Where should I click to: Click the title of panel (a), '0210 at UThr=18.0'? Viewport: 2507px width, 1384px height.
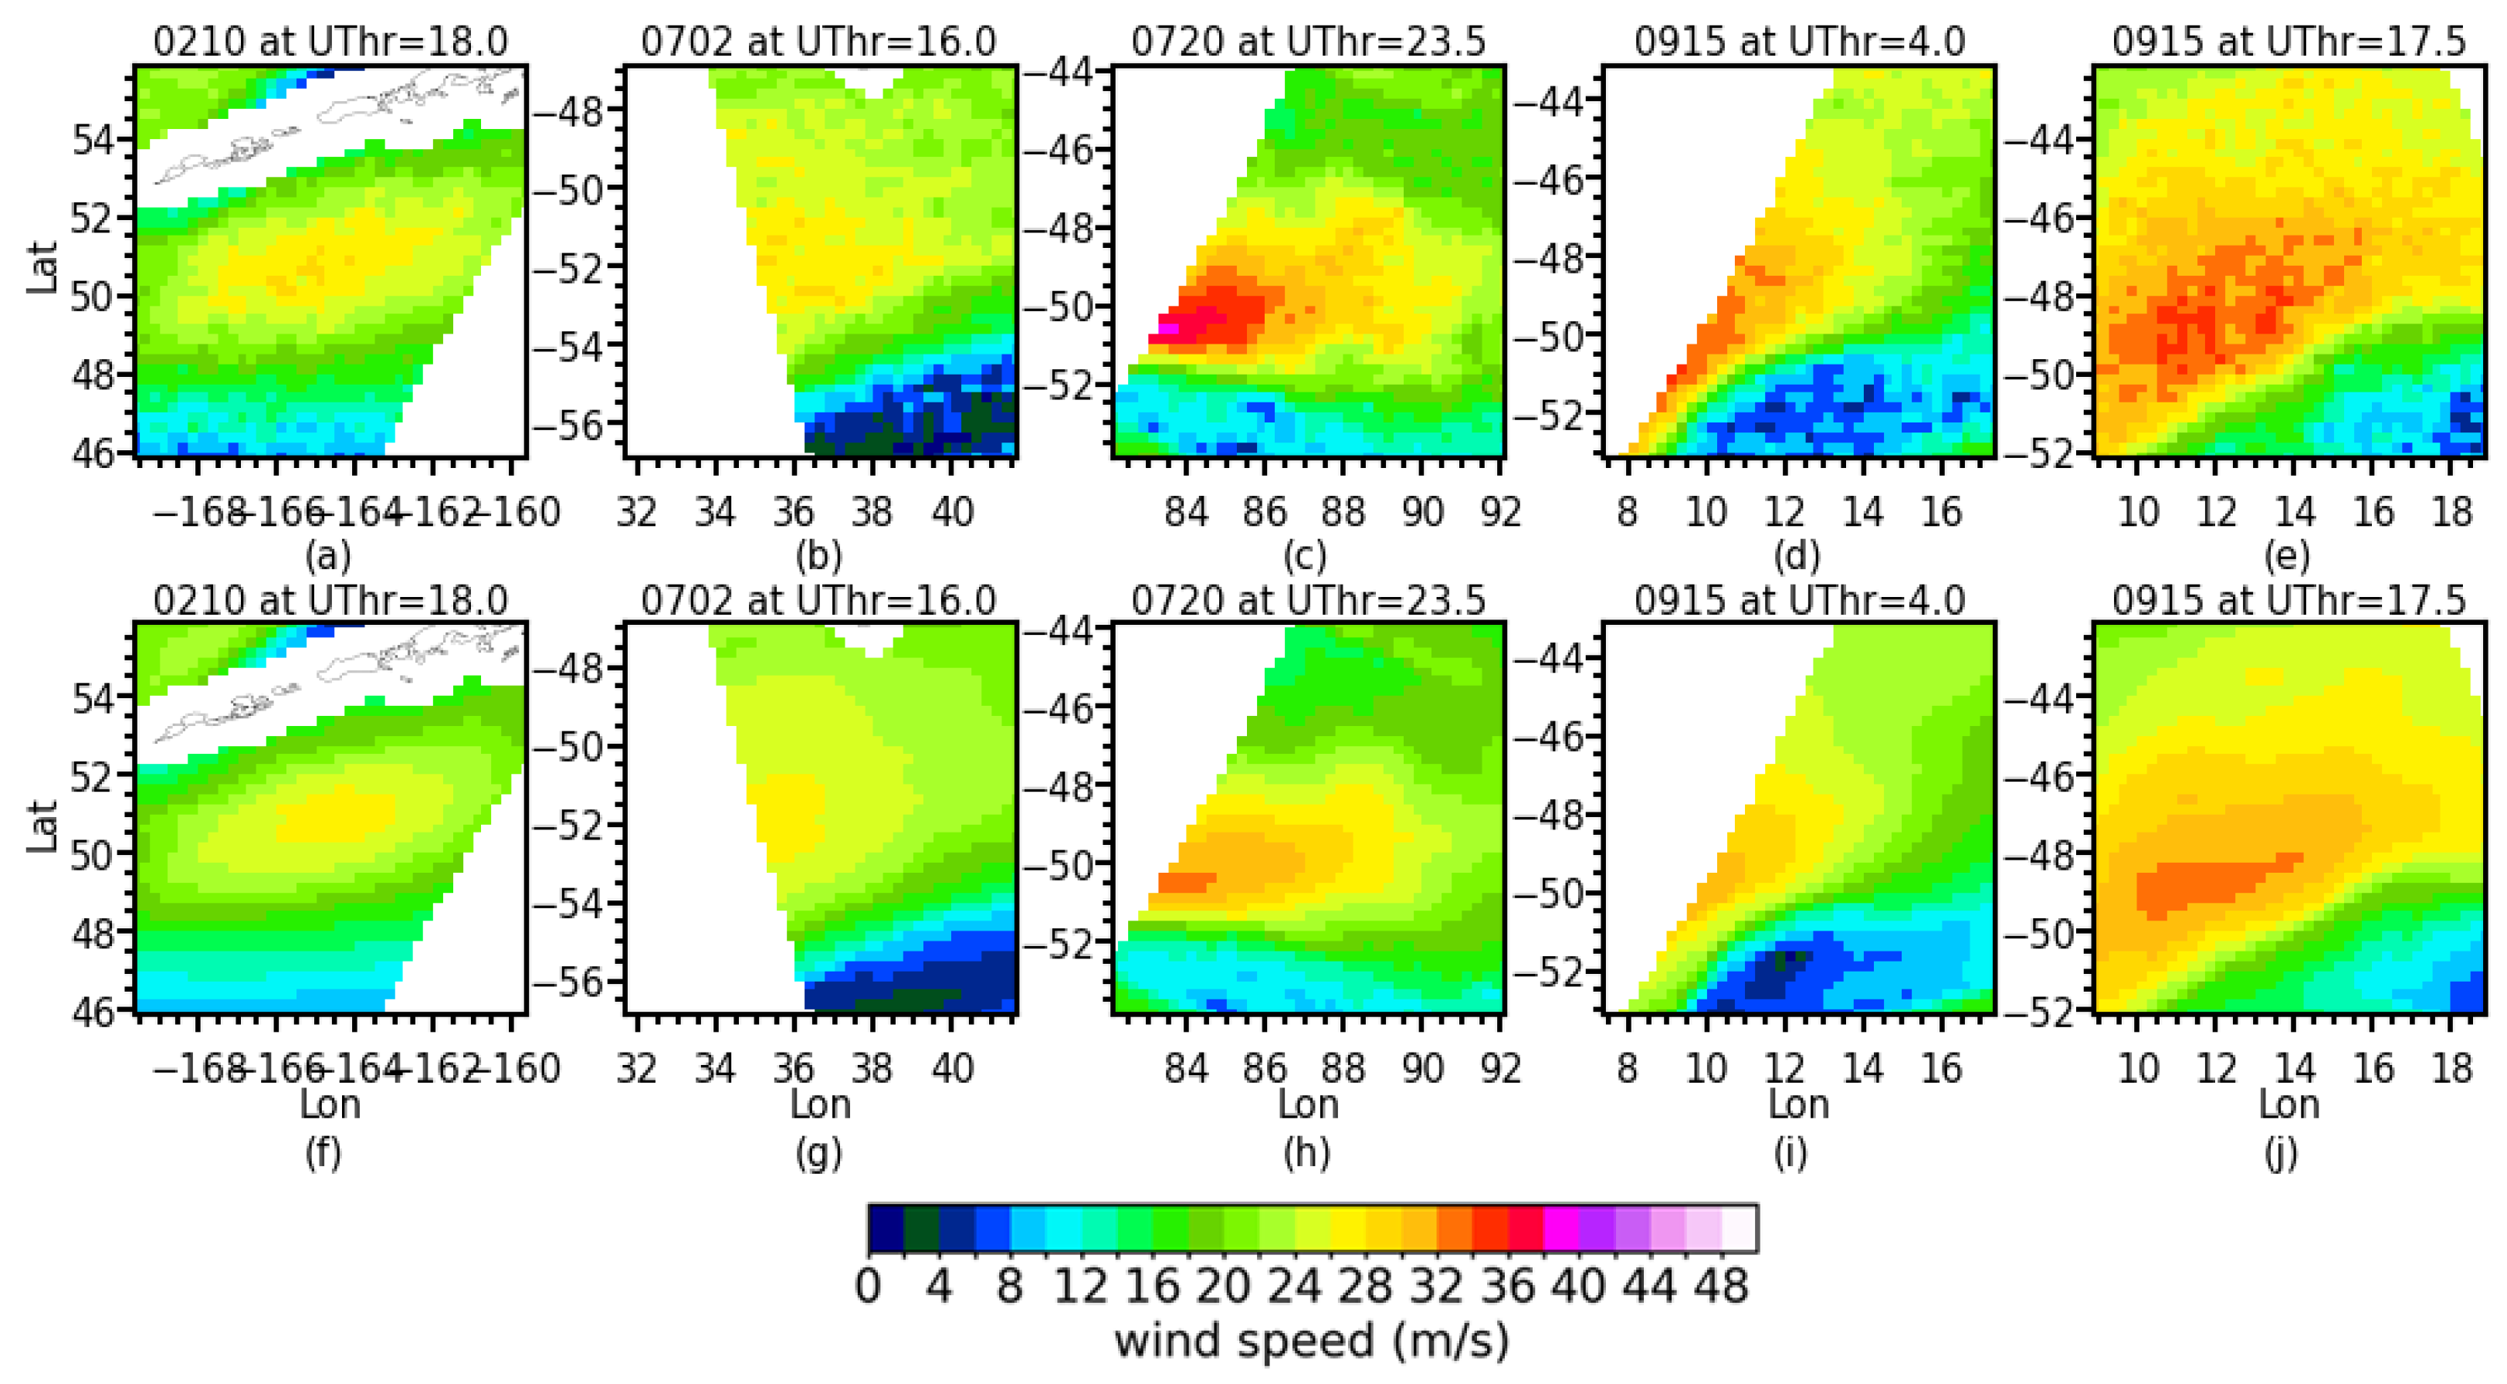coord(330,41)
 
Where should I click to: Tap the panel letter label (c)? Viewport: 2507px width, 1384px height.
coord(1304,556)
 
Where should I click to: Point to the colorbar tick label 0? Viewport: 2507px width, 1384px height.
coord(867,1286)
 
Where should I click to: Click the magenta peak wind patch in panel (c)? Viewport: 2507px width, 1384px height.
coord(1167,328)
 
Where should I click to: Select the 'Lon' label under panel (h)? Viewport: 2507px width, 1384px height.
coord(1308,1104)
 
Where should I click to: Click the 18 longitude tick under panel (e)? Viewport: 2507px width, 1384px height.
coord(2451,511)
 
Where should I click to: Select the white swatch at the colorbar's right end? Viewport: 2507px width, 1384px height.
coord(1739,1228)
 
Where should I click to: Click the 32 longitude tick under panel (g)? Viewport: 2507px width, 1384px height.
coord(636,1069)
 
